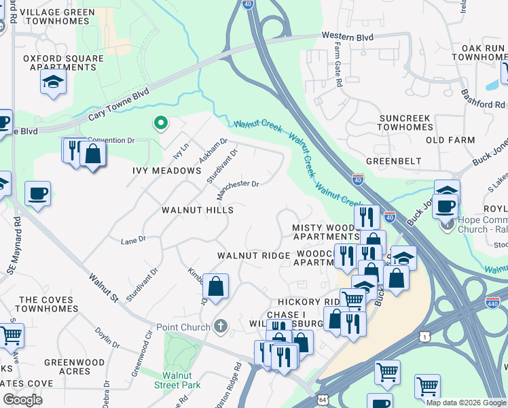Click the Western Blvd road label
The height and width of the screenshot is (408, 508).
click(348, 35)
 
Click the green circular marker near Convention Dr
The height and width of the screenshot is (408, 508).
click(161, 123)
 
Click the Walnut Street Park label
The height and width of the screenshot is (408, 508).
click(181, 380)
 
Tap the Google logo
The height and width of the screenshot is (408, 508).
click(22, 399)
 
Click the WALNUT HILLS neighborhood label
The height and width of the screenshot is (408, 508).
click(198, 210)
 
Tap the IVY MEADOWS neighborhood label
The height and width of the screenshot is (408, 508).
click(166, 171)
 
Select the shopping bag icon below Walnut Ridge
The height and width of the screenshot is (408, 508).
click(215, 287)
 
